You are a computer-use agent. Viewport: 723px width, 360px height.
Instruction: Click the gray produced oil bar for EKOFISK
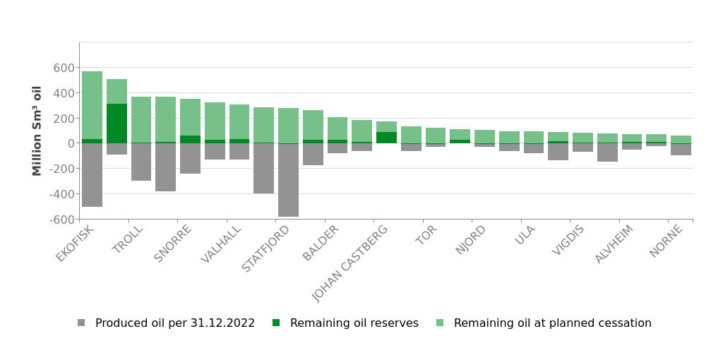[92, 175]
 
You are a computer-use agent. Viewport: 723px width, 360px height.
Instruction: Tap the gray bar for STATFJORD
[288, 180]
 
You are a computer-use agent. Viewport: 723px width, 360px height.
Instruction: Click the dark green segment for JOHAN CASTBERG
[386, 138]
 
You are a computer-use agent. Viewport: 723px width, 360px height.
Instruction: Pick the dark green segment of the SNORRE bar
[190, 139]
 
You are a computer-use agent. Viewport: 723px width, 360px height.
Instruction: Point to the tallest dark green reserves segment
[116, 124]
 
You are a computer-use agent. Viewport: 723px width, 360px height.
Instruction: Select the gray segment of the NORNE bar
[681, 149]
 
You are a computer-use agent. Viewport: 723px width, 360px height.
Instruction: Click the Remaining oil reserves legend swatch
[276, 323]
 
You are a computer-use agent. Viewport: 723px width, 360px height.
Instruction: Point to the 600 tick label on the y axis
[64, 68]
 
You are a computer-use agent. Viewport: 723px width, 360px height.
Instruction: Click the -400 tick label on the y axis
[61, 193]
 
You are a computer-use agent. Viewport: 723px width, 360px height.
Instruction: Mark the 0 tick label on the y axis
[71, 143]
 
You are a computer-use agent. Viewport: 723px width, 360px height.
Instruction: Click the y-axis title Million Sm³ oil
[37, 131]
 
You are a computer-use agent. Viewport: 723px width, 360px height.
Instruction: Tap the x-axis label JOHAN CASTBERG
[351, 263]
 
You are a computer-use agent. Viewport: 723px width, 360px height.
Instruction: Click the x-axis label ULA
[525, 235]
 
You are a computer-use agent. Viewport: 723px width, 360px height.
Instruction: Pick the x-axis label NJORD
[471, 239]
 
